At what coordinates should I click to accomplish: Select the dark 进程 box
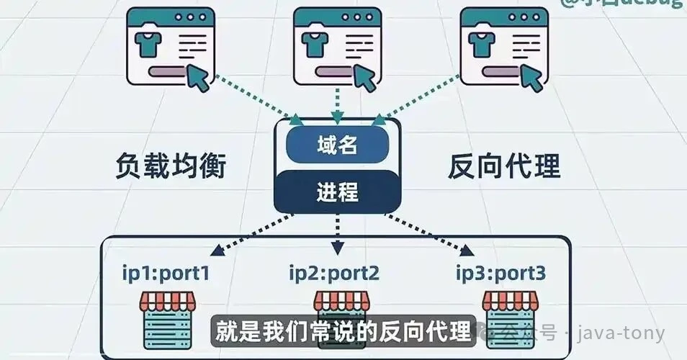337,192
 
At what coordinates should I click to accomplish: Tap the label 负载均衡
171,167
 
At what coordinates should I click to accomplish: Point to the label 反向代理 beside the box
504,167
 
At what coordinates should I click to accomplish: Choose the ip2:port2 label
334,273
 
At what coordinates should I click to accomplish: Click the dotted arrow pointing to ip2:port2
336,234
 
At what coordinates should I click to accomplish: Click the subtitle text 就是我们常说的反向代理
344,330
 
